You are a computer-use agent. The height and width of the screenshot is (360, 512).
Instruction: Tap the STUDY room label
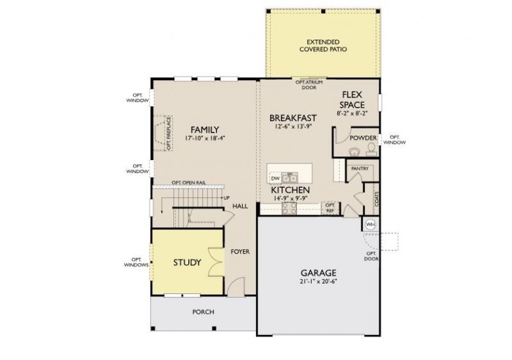point(187,263)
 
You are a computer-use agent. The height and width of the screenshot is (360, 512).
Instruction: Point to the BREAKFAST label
point(293,118)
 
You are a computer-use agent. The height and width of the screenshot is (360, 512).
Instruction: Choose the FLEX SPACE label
point(352,99)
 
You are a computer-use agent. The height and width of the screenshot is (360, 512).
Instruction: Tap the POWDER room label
point(363,138)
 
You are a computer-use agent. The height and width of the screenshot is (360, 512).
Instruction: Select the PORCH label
point(203,312)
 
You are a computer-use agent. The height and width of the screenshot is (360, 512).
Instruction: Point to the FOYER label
point(240,252)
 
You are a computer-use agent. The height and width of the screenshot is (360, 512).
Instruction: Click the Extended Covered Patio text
point(323,45)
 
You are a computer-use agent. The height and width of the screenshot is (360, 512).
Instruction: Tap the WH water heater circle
point(371,225)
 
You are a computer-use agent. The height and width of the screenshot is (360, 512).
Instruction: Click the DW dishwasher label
point(275,179)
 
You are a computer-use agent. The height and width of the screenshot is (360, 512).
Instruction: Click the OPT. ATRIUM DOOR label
point(308,85)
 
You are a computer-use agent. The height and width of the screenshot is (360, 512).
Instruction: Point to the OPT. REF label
point(330,208)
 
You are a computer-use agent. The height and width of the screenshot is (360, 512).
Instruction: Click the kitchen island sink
point(289,177)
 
